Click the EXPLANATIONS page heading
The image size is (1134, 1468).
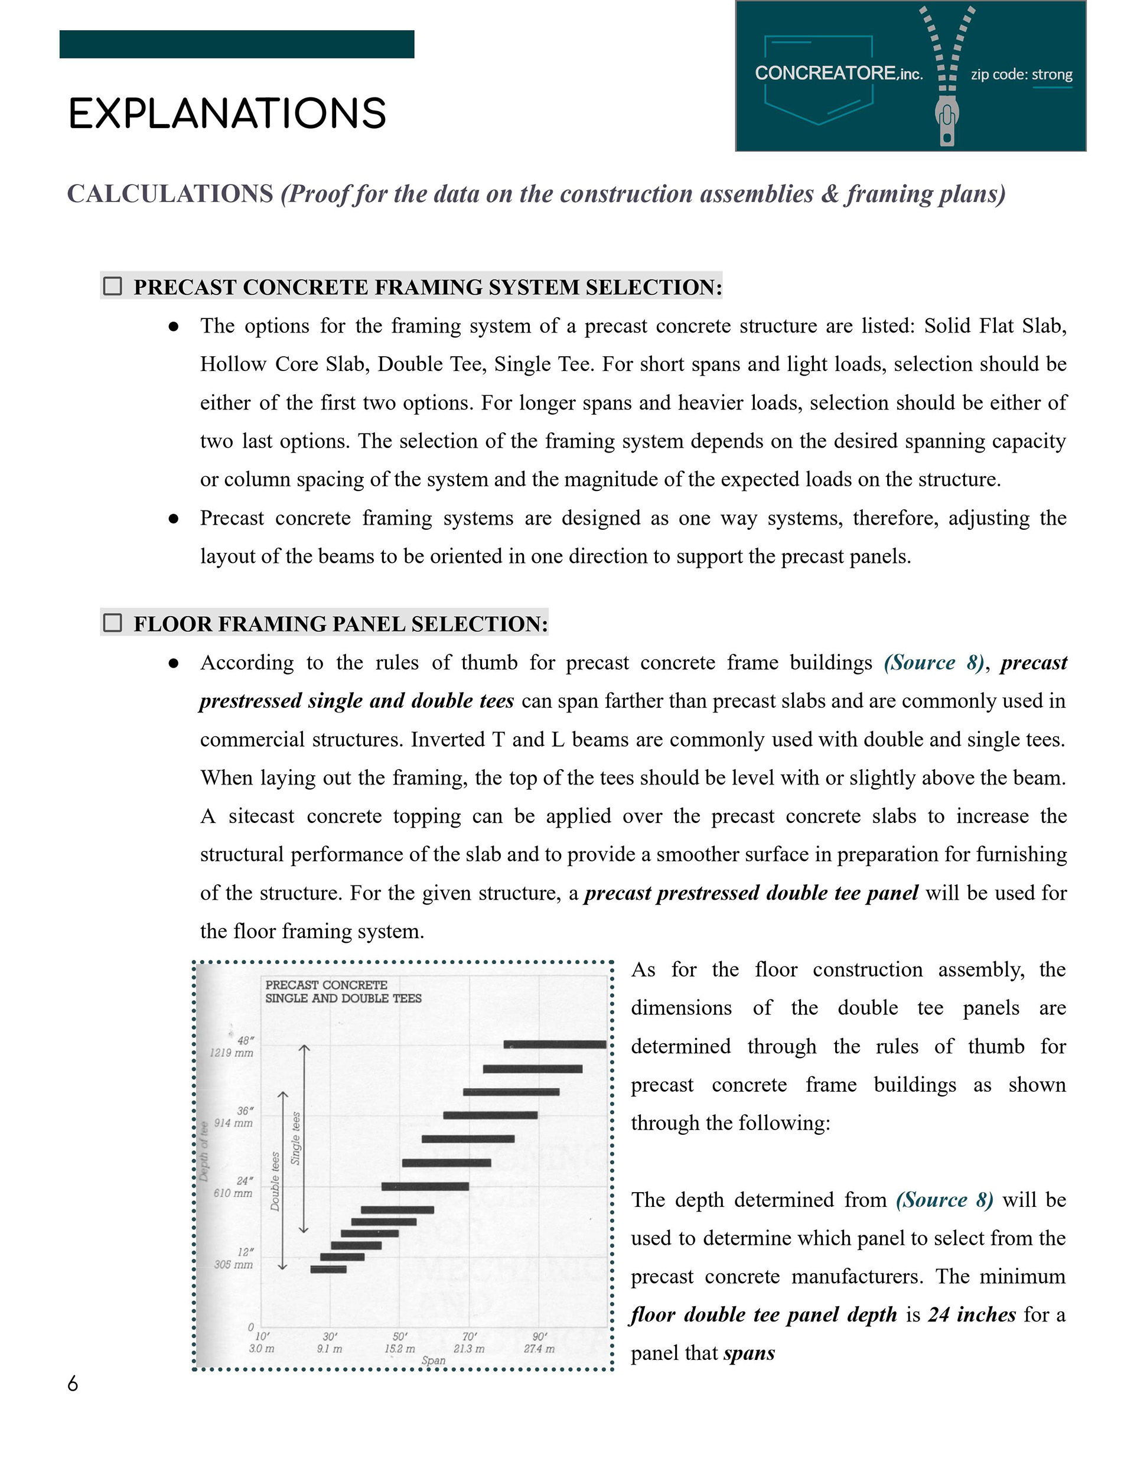tap(227, 113)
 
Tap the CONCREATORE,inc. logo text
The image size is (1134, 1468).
tap(838, 73)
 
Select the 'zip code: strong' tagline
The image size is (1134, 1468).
tap(1021, 74)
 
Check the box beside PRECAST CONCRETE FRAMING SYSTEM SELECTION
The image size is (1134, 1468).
tap(112, 287)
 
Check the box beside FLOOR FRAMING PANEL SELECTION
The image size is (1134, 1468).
tap(112, 623)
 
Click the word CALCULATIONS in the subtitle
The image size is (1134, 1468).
tap(170, 194)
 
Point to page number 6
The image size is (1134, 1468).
tap(73, 1384)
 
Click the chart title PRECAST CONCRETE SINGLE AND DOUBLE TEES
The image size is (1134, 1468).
tap(343, 991)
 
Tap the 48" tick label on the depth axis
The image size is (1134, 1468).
tap(245, 1041)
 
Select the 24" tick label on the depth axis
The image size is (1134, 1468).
tap(245, 1181)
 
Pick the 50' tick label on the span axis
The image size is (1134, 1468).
tap(399, 1337)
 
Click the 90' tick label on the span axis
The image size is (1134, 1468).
tap(539, 1337)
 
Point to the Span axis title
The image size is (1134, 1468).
tap(433, 1360)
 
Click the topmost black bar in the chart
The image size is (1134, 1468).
tap(555, 1044)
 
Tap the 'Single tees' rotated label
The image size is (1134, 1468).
tap(296, 1138)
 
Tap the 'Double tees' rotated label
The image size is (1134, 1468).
tap(275, 1181)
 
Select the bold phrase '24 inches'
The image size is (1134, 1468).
tap(972, 1315)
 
